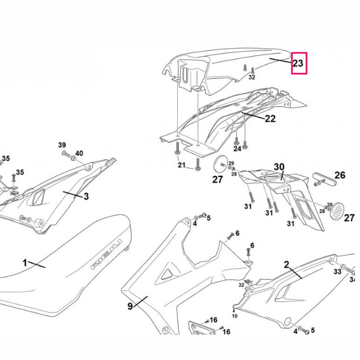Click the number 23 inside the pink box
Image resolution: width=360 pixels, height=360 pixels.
pos(298,63)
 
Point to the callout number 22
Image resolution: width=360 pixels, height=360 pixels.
pos(270,119)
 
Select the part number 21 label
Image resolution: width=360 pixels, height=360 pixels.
pos(181,165)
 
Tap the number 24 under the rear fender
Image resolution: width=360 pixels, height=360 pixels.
pos(237,149)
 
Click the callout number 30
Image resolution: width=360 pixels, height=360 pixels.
pos(279,167)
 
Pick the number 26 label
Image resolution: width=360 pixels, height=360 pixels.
pos(340,175)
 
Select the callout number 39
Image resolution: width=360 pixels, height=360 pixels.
pos(62,145)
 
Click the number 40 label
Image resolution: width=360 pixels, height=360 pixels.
pos(79,153)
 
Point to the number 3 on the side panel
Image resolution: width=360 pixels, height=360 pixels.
pos(86,196)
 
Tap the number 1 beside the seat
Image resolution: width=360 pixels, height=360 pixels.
pos(25,263)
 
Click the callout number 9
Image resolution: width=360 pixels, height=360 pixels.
pos(130,306)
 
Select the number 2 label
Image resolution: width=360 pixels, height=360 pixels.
pos(286,264)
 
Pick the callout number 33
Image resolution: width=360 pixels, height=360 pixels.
pos(337,272)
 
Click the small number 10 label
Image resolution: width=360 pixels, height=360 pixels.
pos(235,316)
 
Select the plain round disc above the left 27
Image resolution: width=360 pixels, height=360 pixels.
pos(221,165)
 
